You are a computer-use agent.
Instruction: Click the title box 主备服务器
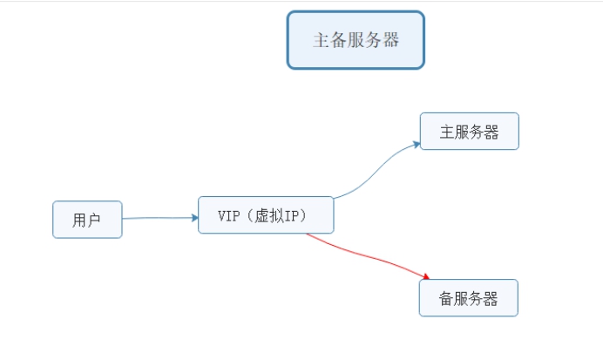coord(356,40)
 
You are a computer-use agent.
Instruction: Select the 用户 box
coord(87,220)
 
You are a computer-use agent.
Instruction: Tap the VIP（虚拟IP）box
coord(266,215)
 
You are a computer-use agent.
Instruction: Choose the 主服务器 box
coord(469,132)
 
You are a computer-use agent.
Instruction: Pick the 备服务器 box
coord(469,298)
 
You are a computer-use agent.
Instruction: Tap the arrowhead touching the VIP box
coord(194,218)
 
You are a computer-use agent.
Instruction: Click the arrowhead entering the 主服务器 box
coord(416,145)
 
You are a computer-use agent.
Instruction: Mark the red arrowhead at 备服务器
coord(425,278)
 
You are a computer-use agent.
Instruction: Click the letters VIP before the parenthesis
coord(228,215)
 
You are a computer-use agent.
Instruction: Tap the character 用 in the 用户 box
coord(80,221)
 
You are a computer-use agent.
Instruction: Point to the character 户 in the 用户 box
coord(94,221)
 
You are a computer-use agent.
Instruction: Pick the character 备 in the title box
coord(339,40)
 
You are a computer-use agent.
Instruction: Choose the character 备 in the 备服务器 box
coord(448,298)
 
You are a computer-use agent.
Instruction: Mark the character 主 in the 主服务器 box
coord(448,132)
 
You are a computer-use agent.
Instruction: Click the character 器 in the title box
coord(390,40)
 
